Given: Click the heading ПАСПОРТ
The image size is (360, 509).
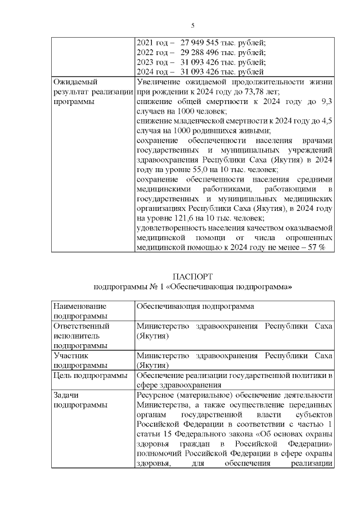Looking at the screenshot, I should pyautogui.click(x=193, y=277).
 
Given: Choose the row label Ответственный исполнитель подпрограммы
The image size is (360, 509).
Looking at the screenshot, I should pyautogui.click(x=80, y=336).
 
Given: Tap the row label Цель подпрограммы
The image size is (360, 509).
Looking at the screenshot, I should pyautogui.click(x=89, y=376).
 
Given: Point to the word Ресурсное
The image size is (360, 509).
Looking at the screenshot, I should pyautogui.click(x=157, y=395).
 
